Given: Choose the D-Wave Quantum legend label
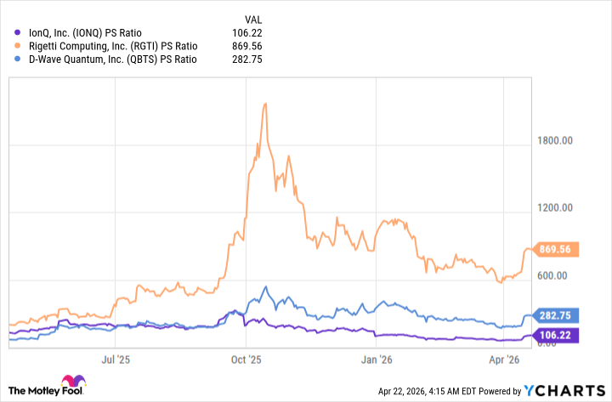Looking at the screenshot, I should click(106, 59).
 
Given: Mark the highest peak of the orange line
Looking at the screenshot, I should click(265, 103).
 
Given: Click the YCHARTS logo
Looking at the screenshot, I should click(564, 390).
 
